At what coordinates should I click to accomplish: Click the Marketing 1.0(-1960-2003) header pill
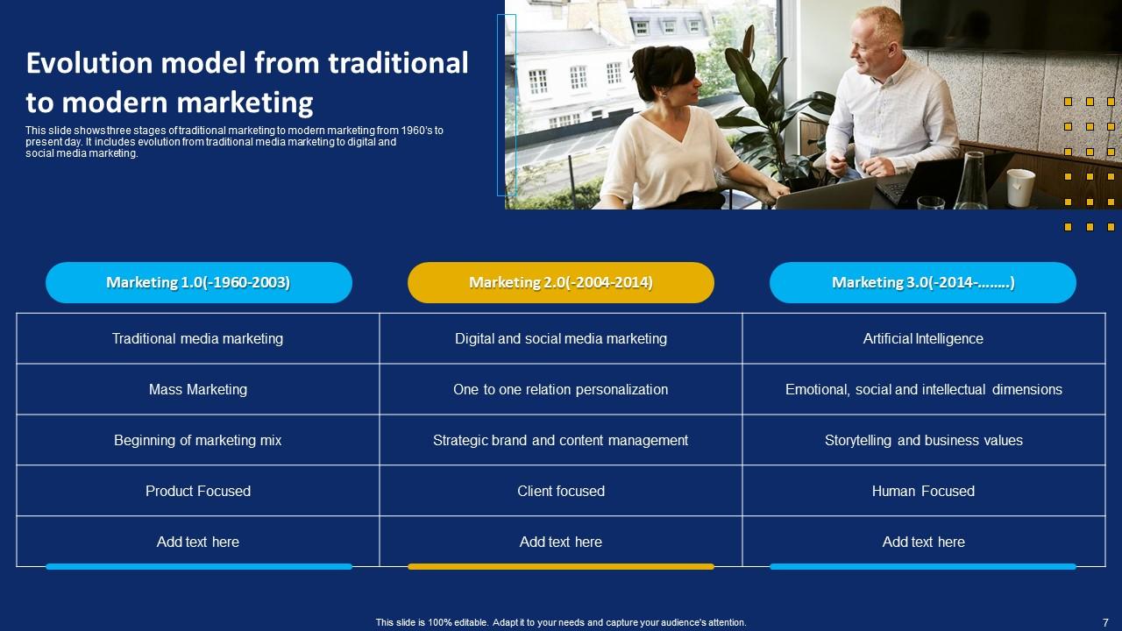198,282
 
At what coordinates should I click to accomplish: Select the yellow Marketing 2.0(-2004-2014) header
561,282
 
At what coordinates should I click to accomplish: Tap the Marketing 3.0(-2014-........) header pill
923,282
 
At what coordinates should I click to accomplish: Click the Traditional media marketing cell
198,338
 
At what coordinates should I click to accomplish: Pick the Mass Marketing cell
198,389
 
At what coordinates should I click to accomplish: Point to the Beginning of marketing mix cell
198,440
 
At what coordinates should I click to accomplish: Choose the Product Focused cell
198,491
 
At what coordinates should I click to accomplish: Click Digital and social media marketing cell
561,338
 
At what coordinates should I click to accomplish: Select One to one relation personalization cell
561,389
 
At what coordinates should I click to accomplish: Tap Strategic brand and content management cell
561,440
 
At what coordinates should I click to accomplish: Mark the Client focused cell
561,491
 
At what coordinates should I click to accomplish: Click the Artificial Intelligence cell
923,338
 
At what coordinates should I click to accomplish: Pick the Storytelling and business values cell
923,440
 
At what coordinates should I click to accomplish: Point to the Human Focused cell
923,491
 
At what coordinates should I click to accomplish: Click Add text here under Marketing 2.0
561,542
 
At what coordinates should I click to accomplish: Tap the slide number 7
1105,622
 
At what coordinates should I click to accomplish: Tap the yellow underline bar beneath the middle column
561,567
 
